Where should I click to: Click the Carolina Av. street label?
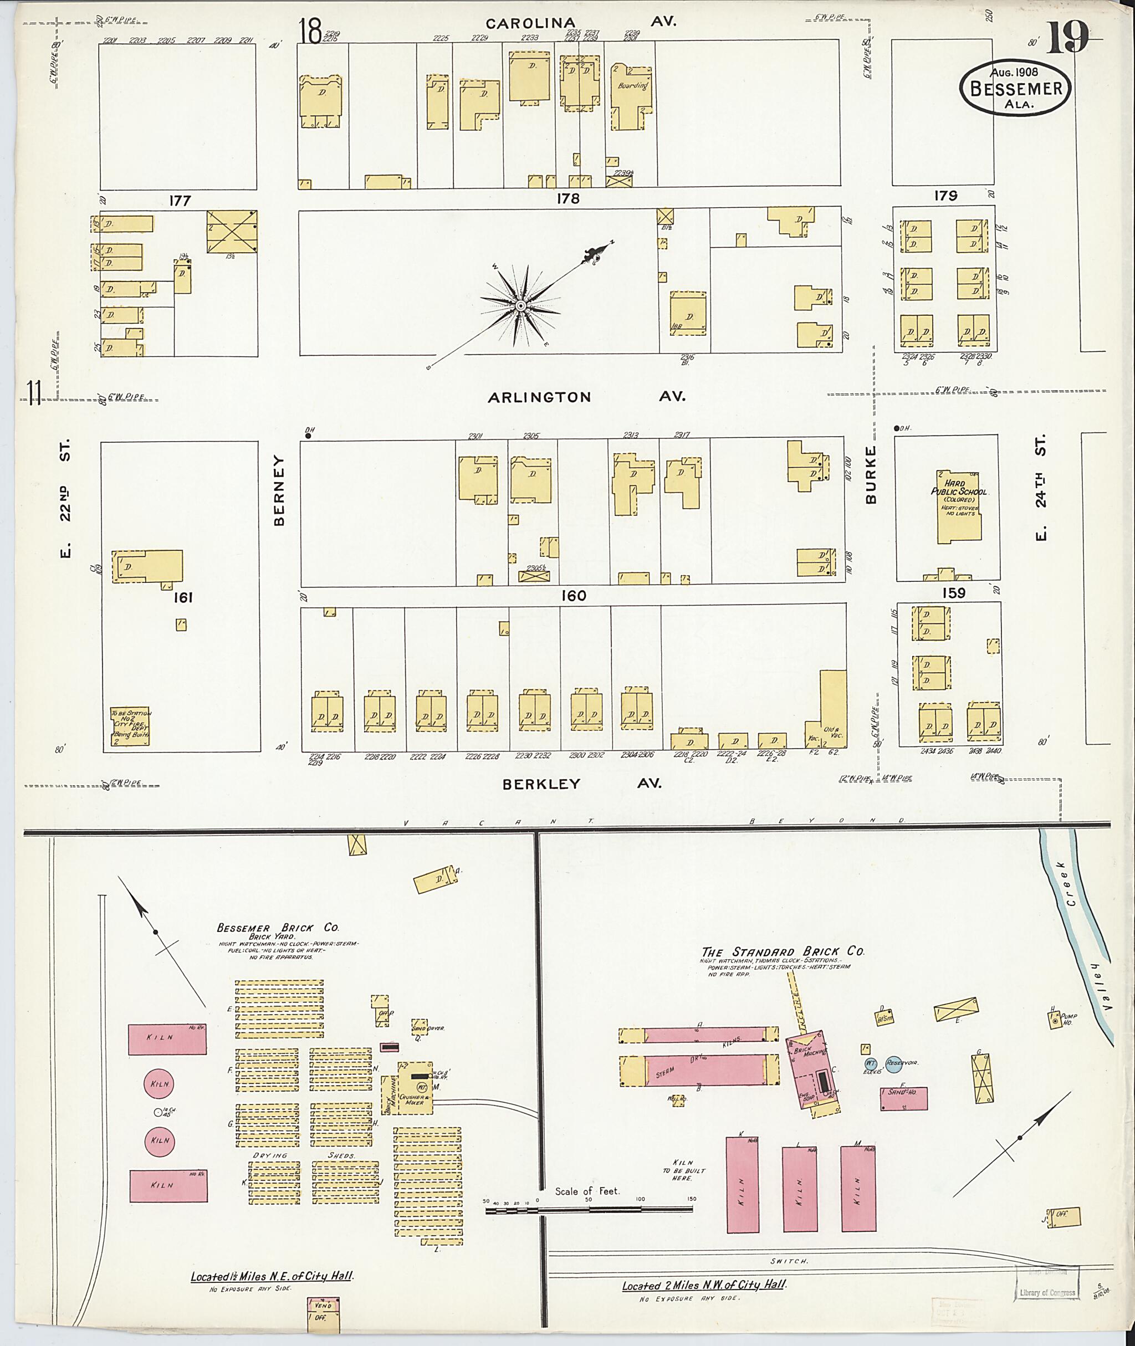coord(580,23)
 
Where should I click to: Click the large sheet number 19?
coord(1067,39)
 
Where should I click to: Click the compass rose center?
coord(520,306)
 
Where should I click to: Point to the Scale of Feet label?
coord(587,1191)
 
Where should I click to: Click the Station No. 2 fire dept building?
coord(130,726)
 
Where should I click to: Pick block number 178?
coord(568,199)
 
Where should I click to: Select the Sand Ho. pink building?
coord(903,1098)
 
